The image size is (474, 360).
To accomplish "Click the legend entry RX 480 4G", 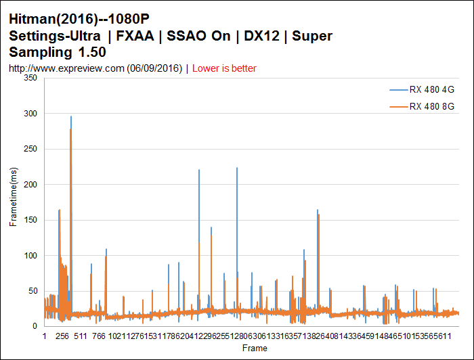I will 431,89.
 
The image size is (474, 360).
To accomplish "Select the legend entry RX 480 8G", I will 431,106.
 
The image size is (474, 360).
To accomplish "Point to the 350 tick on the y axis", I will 30,78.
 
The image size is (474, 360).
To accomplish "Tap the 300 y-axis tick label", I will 30,114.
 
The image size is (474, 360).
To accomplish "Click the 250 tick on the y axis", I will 30,149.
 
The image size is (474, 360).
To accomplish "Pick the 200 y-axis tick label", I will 30,184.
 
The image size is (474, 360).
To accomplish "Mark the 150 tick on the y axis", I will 30,220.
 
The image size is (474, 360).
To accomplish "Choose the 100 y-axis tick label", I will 30,255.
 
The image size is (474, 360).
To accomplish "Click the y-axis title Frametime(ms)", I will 14,202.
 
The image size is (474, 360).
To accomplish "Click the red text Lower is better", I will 224,68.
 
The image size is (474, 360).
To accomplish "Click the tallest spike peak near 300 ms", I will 70,116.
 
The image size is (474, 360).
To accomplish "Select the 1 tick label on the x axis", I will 44,335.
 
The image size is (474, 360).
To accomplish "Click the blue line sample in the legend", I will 398,89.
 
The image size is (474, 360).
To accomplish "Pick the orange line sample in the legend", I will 398,106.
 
